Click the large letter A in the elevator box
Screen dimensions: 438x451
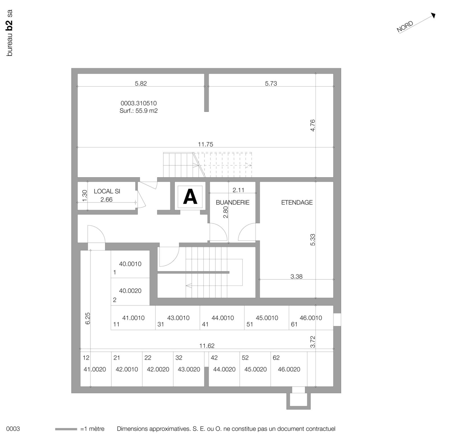pyautogui.click(x=190, y=197)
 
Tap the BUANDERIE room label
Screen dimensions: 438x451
pyautogui.click(x=232, y=202)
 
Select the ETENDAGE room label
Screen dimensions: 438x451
pyautogui.click(x=297, y=202)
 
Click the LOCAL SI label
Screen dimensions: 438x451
pyautogui.click(x=107, y=191)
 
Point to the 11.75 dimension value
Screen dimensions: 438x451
pyautogui.click(x=205, y=144)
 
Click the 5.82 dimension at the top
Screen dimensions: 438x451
pyautogui.click(x=141, y=84)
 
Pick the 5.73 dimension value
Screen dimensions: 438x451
pyautogui.click(x=271, y=84)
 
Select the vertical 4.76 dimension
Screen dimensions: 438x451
pyautogui.click(x=313, y=125)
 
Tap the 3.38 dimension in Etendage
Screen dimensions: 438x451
pyautogui.click(x=296, y=276)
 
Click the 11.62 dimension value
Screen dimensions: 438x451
pyautogui.click(x=207, y=346)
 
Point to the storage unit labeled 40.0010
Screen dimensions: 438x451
pyautogui.click(x=130, y=264)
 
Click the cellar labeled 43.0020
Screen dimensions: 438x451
pyautogui.click(x=189, y=369)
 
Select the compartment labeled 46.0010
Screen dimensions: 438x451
pyautogui.click(x=311, y=318)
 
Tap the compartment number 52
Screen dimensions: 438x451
pyautogui.click(x=245, y=358)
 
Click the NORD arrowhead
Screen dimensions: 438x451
pyautogui.click(x=433, y=15)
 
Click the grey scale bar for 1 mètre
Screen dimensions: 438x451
pyautogui.click(x=66, y=429)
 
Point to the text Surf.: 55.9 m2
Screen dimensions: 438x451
pyautogui.click(x=138, y=111)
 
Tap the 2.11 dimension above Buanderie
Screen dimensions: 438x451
pyautogui.click(x=238, y=190)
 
